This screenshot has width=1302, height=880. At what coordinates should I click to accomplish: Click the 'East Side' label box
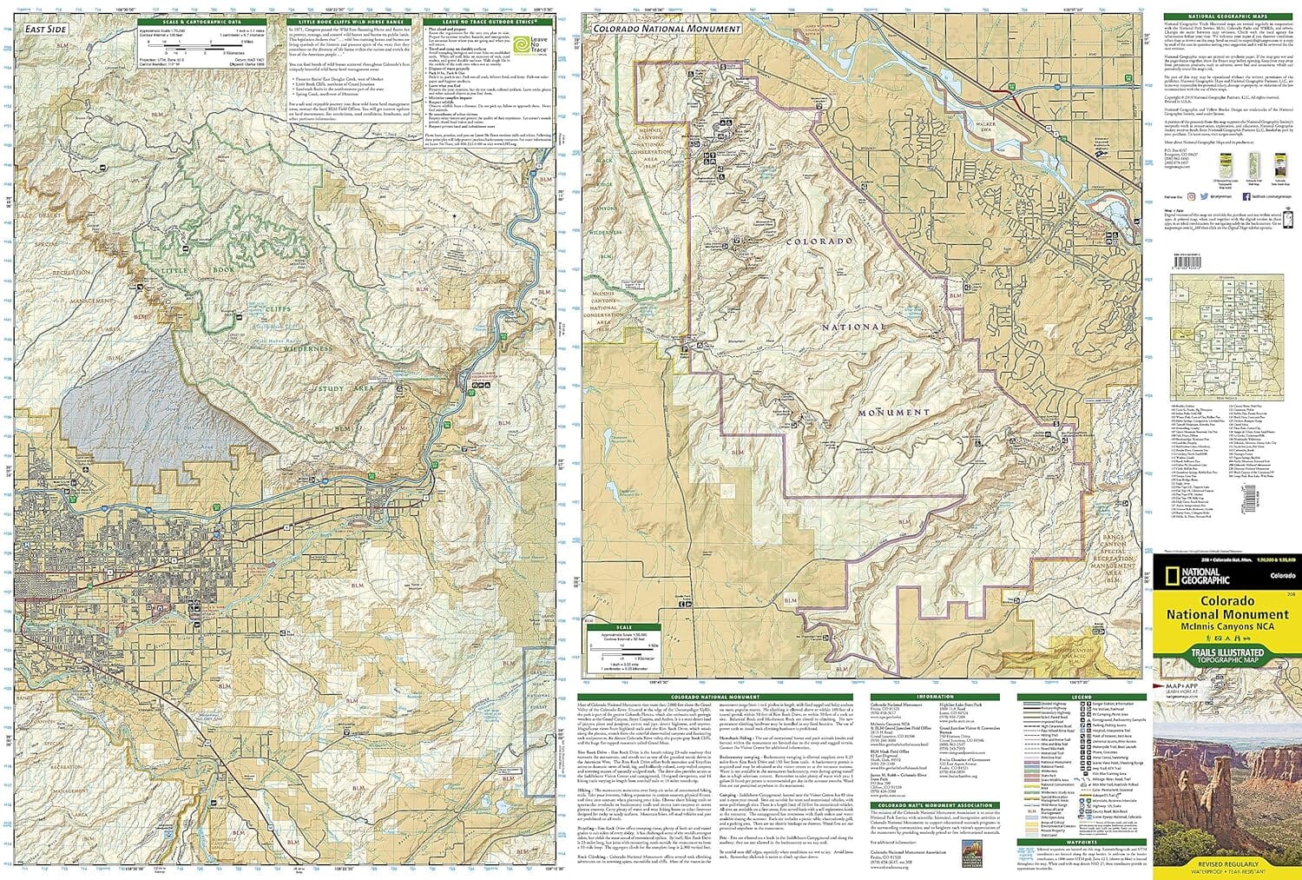(45, 30)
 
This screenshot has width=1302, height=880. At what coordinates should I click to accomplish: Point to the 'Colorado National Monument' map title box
(666, 29)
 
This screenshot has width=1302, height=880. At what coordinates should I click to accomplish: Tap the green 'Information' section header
(934, 697)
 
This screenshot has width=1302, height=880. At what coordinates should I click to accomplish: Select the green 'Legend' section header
(1081, 697)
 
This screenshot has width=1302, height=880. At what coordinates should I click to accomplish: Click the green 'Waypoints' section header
(1081, 842)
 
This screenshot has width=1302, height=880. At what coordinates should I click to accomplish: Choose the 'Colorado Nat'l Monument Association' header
(934, 805)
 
